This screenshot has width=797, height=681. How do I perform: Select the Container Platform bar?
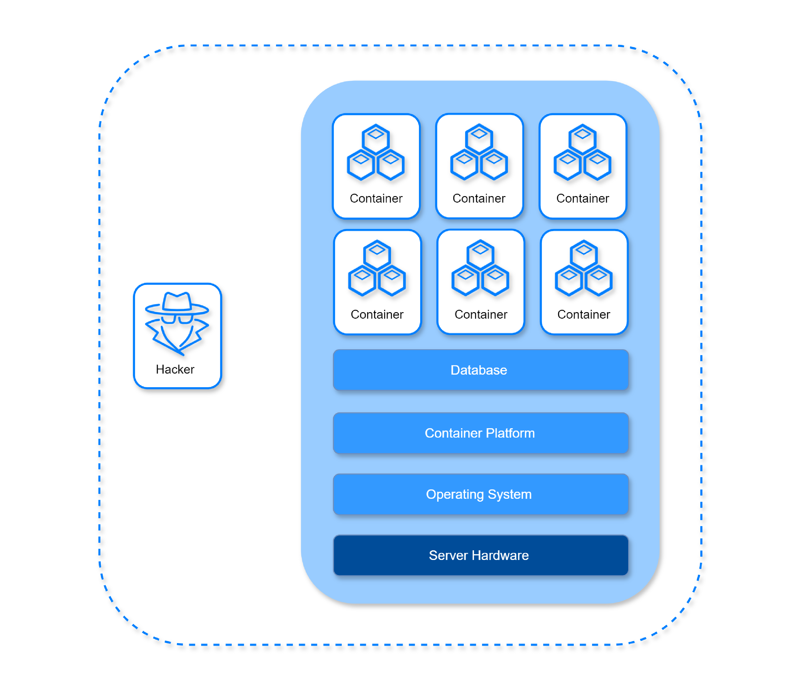coord(481,433)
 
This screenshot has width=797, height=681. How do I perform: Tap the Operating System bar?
coord(481,494)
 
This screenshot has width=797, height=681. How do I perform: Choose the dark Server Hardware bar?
coord(481,555)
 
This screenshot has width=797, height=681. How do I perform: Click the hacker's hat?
coord(177,304)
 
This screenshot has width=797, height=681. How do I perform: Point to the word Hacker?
coord(175,369)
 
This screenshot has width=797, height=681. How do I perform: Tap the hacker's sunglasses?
coord(177,319)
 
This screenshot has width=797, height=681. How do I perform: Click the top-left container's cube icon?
coord(376,152)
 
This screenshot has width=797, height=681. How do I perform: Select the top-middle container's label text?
coord(479,198)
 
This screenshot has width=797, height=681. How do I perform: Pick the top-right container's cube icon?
coord(582,152)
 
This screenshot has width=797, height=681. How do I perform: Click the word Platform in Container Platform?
coord(510,433)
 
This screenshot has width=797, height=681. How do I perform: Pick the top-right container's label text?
coord(583,198)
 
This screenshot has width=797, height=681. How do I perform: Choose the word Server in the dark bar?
coord(448,555)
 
